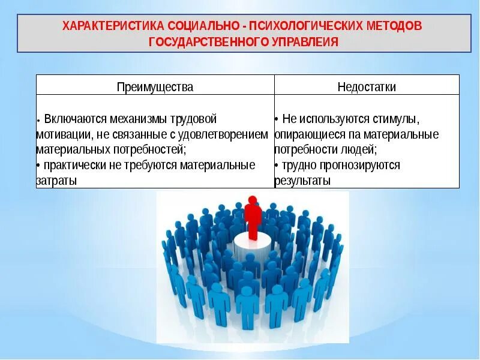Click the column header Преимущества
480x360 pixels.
coord(155,87)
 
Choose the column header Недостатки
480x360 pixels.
coord(367,87)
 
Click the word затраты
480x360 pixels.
coord(56,180)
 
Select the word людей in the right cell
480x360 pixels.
coord(356,149)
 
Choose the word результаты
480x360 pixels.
coord(302,180)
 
